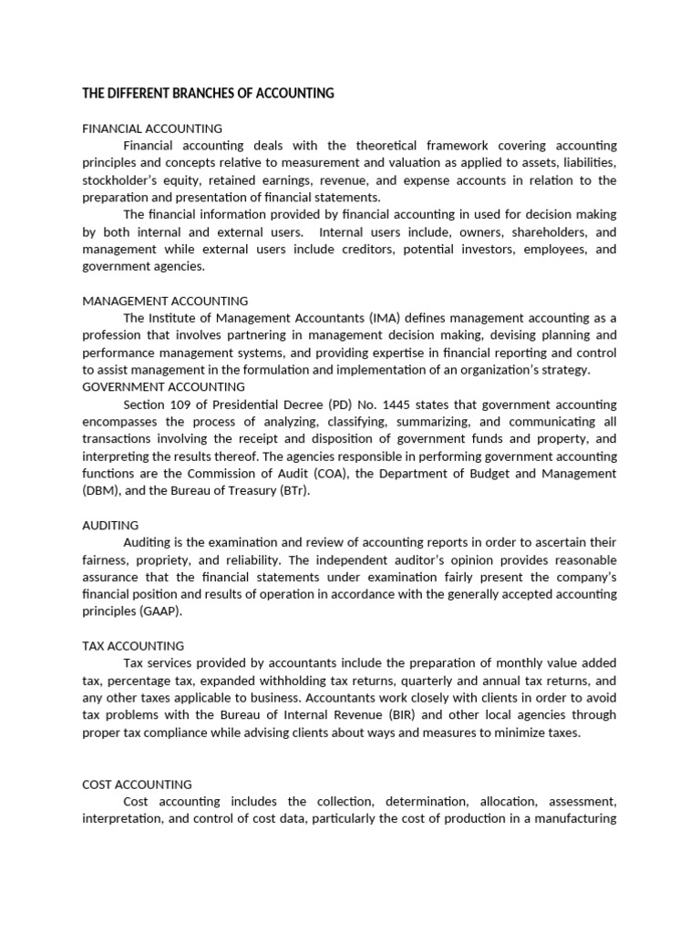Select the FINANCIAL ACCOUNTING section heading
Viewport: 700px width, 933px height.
[152, 128]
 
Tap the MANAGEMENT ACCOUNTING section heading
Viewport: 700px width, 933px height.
[165, 301]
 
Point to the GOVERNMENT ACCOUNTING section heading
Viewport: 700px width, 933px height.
[163, 387]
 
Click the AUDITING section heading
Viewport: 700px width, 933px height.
[110, 526]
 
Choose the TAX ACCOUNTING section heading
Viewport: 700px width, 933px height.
[133, 646]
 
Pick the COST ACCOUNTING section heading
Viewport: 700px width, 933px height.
[137, 784]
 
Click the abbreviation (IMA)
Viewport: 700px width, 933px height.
[386, 318]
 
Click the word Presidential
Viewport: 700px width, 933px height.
[254, 405]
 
